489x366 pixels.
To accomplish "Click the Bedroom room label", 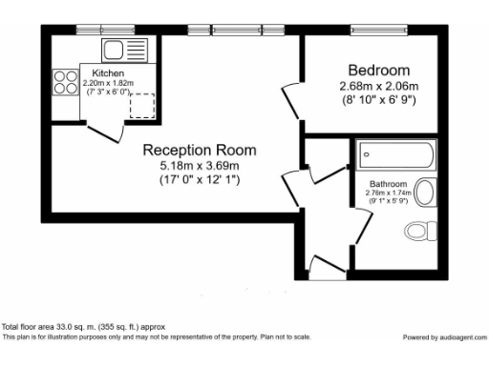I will (378, 71).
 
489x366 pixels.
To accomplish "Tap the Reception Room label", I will (200, 151).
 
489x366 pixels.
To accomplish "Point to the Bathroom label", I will (388, 183).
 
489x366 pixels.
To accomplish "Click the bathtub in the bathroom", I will (394, 155).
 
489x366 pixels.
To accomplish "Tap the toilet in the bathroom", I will (418, 230).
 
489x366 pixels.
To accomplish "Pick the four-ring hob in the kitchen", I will (66, 83).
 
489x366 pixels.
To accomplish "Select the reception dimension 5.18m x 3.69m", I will (200, 166).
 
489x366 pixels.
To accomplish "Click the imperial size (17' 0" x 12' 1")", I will (200, 179).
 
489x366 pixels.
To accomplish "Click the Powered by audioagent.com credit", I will (443, 337).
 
